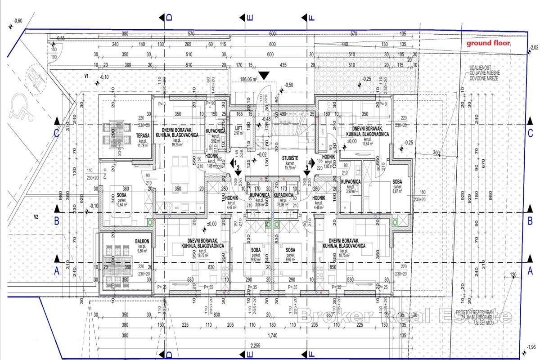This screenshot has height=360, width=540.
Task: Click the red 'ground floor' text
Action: [488, 44]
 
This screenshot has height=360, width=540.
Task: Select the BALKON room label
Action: [142, 242]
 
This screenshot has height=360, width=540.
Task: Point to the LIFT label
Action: [238, 128]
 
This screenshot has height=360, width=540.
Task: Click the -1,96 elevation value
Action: [532, 346]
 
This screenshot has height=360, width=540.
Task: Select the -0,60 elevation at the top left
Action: [18, 21]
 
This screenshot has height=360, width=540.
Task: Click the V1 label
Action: [86, 76]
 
